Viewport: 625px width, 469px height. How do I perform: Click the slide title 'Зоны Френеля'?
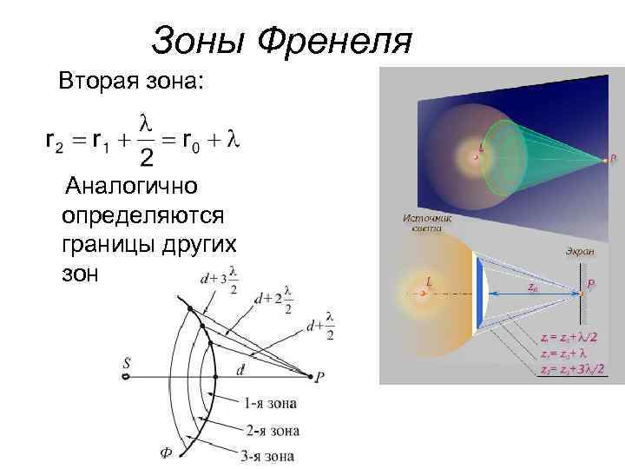[x=280, y=40]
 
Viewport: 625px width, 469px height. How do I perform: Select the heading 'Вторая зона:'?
[x=132, y=83]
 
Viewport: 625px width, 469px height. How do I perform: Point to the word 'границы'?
[x=109, y=244]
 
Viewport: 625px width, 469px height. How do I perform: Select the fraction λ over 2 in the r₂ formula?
[x=147, y=140]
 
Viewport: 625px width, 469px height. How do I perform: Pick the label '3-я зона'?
[x=266, y=455]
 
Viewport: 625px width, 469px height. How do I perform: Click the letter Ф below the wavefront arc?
[x=164, y=452]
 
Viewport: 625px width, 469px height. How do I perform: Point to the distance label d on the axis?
[x=240, y=369]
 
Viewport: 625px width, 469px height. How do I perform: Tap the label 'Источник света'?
[x=421, y=224]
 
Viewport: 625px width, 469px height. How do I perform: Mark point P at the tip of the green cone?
[x=607, y=160]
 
